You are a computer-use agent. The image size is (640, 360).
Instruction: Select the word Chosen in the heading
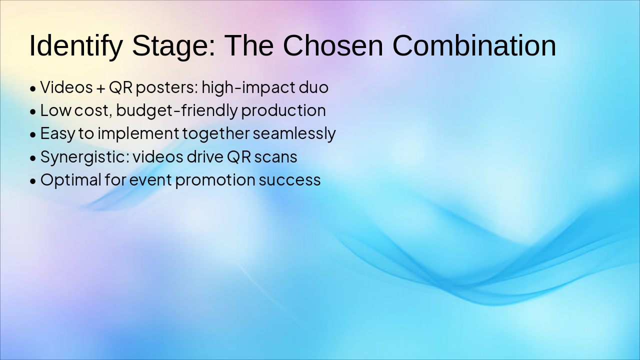click(x=333, y=45)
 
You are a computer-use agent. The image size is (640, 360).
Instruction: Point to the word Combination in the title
click(x=474, y=45)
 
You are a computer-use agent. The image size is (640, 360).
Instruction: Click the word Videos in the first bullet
click(x=66, y=87)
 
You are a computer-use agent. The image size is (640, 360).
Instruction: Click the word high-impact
click(x=248, y=87)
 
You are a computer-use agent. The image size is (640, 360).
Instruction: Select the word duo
click(x=313, y=87)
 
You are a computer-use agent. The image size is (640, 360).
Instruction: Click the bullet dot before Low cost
click(x=33, y=111)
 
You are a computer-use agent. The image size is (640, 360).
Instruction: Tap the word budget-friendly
click(x=177, y=111)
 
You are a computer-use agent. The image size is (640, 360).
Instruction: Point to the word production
click(x=283, y=111)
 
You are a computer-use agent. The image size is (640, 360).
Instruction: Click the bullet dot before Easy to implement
click(x=33, y=135)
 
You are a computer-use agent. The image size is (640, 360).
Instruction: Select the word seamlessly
click(x=294, y=134)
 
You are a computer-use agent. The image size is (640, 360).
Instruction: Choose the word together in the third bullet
click(x=216, y=134)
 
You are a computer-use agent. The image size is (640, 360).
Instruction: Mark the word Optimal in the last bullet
click(x=71, y=180)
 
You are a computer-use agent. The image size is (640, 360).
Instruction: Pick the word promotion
click(x=215, y=180)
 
